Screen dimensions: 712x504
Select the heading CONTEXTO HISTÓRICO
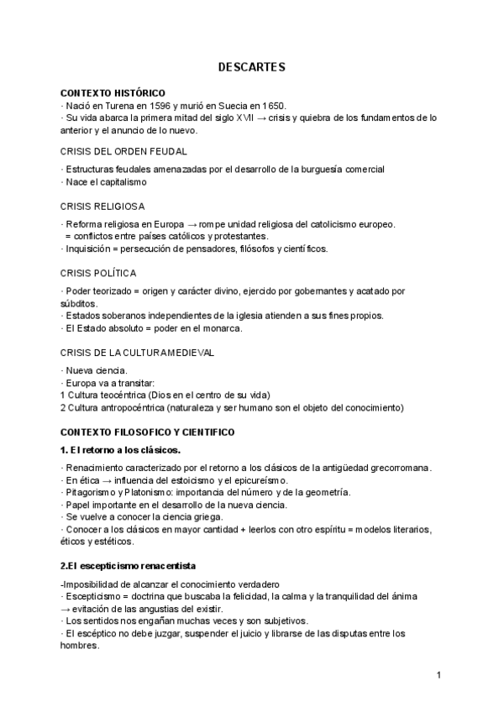(x=113, y=92)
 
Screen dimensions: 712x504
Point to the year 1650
(x=271, y=105)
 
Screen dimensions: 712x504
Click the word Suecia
(x=225, y=105)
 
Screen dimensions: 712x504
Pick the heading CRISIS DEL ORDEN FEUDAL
(x=123, y=151)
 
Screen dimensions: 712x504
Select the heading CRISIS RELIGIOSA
(x=102, y=206)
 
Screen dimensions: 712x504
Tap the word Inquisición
(x=90, y=249)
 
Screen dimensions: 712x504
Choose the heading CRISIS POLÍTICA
(x=98, y=273)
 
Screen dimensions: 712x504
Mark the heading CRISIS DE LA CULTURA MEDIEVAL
(x=137, y=353)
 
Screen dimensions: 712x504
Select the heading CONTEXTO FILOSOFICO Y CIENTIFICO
(x=148, y=432)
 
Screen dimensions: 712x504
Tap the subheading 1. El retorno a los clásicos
(x=120, y=450)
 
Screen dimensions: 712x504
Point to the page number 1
(x=438, y=675)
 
